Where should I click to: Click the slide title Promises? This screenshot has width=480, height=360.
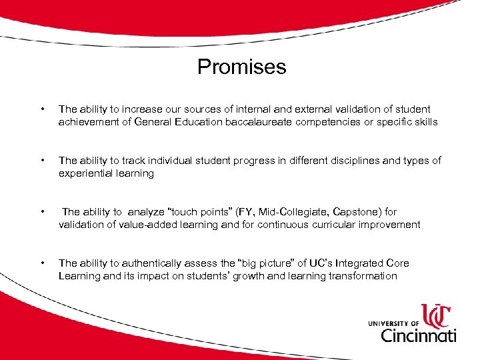[x=241, y=67]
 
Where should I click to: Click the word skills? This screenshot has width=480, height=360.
[x=423, y=122]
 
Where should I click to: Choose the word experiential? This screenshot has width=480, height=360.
[x=85, y=173]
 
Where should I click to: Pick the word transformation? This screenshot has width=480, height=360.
[x=363, y=276]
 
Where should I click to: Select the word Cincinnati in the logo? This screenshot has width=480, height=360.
[x=418, y=333]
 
